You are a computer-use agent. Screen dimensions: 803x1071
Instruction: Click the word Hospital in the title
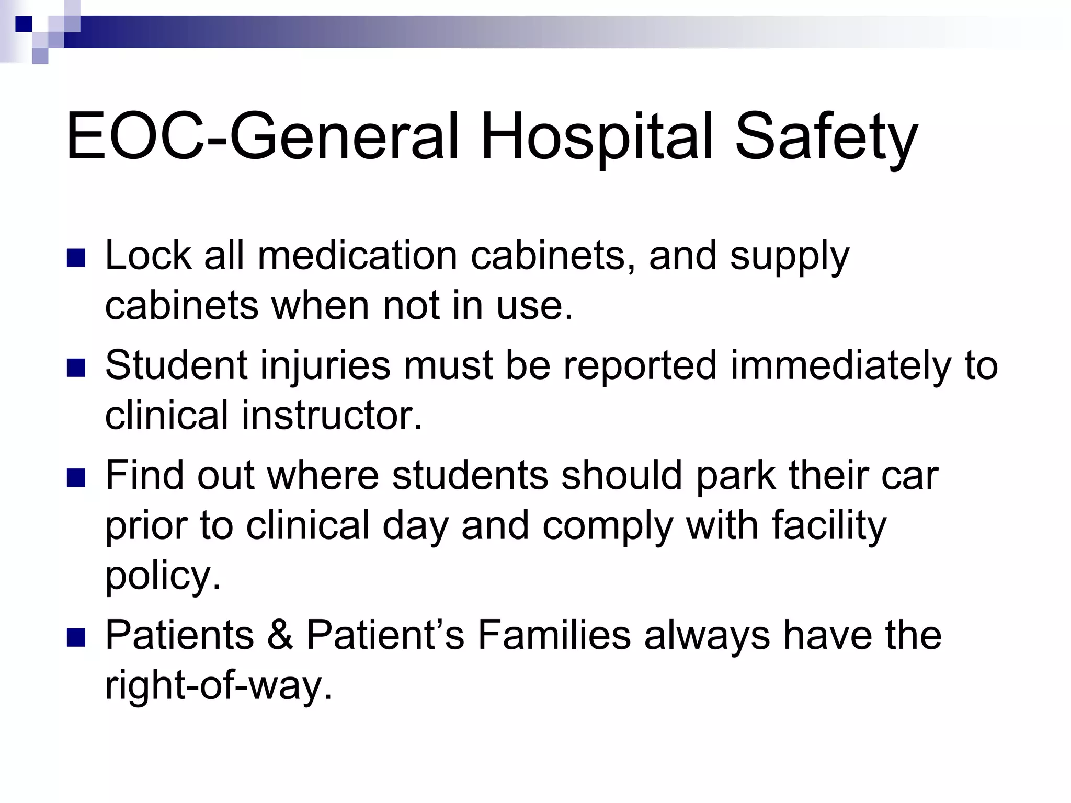point(597,137)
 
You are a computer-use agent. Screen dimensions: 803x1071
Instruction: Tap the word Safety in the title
point(826,137)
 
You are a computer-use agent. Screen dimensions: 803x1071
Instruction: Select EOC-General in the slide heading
point(261,137)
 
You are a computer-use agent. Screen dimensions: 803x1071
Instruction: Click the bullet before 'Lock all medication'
point(76,258)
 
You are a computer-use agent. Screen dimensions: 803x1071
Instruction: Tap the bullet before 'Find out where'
point(76,478)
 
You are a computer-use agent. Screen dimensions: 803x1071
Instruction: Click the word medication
point(358,256)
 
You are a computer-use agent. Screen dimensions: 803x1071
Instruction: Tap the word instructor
point(332,416)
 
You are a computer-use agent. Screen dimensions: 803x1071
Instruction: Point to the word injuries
point(325,366)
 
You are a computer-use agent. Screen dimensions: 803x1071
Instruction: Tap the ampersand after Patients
point(280,636)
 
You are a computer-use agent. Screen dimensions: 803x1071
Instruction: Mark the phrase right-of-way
point(219,686)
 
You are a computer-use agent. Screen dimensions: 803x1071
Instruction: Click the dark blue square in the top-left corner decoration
point(23,24)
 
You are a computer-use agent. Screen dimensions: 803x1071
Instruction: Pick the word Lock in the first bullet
point(149,256)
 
